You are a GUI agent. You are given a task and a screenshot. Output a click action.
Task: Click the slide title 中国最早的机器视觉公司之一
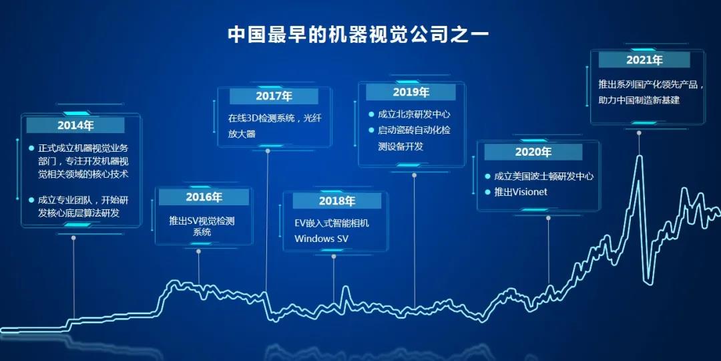point(359,35)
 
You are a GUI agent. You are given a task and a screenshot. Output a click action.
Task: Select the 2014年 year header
point(75,125)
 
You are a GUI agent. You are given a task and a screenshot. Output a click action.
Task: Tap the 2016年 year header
point(204,197)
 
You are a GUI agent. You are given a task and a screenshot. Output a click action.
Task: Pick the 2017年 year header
point(274,96)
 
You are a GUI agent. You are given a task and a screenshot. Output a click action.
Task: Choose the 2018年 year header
point(337,201)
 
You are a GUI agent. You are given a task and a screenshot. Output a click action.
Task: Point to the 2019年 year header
point(411,92)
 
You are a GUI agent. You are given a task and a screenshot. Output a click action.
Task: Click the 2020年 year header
point(533,152)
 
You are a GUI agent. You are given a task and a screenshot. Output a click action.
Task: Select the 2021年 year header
point(644,60)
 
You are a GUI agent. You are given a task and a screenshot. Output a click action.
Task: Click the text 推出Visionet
point(521,192)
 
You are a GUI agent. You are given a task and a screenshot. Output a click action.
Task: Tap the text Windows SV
point(321,239)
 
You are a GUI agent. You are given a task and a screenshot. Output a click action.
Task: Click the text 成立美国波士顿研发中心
point(544,176)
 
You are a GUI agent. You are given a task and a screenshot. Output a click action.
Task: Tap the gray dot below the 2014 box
point(73,237)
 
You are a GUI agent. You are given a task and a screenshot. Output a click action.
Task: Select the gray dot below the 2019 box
point(415,175)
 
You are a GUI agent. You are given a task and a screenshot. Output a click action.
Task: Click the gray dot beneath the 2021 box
point(639,132)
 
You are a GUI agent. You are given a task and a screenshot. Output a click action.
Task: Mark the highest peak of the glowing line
point(639,156)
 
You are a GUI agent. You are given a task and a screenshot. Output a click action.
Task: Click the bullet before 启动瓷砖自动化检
point(371,130)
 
